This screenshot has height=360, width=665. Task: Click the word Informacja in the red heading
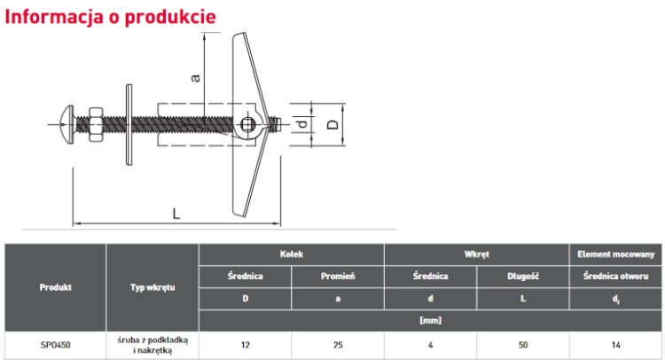click(x=54, y=17)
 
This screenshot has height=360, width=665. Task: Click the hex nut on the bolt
click(x=96, y=124)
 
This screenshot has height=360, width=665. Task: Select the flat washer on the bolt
click(x=129, y=125)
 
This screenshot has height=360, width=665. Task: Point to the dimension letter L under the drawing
click(x=176, y=213)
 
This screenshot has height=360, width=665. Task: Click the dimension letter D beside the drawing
click(x=333, y=124)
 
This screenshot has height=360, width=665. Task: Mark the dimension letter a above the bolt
click(x=195, y=78)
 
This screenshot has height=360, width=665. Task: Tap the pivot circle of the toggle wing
click(x=247, y=125)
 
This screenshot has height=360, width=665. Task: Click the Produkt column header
click(x=56, y=287)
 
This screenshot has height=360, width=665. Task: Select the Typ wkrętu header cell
click(x=153, y=287)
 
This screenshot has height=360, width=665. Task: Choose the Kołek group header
click(x=292, y=254)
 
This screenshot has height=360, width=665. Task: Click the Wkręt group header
click(x=477, y=254)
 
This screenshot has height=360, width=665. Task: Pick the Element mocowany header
click(x=616, y=254)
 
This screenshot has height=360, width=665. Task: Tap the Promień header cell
click(x=338, y=276)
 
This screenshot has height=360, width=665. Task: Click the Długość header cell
click(x=523, y=277)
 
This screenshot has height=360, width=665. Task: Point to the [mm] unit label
click(x=430, y=321)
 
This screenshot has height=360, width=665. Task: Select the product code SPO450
click(x=56, y=345)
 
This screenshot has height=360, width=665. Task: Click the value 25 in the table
click(x=338, y=345)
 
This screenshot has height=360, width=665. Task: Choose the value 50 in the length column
click(x=523, y=345)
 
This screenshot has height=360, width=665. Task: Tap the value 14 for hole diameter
click(x=616, y=345)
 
